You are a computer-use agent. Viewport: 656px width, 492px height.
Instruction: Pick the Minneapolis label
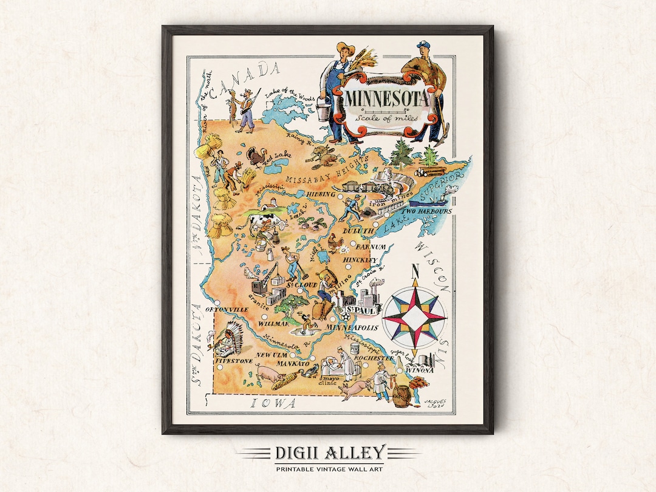pyautogui.click(x=352, y=327)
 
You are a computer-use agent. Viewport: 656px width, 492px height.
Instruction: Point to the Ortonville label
pyautogui.click(x=228, y=309)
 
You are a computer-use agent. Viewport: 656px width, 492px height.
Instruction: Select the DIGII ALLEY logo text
pyautogui.click(x=328, y=453)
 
